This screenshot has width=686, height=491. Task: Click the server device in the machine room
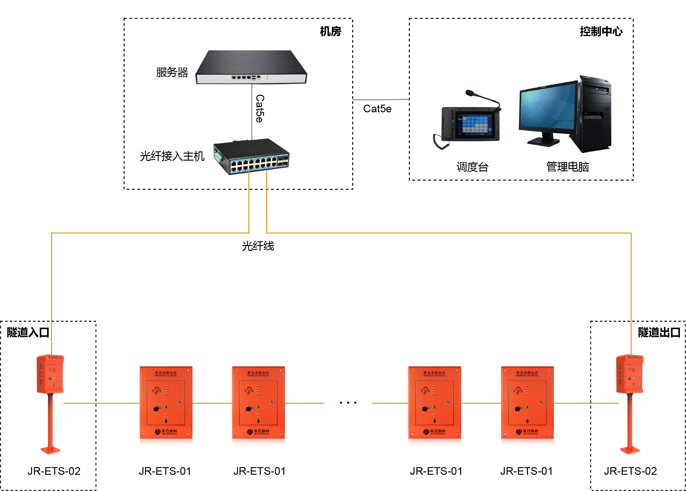tap(251, 67)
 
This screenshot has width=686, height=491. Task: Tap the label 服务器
tap(172, 73)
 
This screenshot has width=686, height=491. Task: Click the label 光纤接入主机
tap(172, 156)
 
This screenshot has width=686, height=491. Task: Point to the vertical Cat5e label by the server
tap(260, 109)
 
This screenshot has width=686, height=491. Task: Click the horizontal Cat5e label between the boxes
tap(377, 109)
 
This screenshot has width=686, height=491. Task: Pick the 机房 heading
tap(330, 31)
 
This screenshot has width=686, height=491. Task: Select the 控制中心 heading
tap(601, 31)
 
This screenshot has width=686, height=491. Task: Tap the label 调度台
tap(472, 167)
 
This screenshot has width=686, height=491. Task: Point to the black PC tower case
tap(595, 115)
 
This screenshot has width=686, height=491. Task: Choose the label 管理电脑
tap(568, 167)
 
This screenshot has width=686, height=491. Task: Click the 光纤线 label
tap(258, 246)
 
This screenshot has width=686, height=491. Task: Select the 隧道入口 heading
tap(28, 332)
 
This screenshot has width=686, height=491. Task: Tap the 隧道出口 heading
tap(659, 332)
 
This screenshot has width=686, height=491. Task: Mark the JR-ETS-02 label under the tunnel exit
tap(630, 471)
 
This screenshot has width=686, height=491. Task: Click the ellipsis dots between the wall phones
tap(348, 403)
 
